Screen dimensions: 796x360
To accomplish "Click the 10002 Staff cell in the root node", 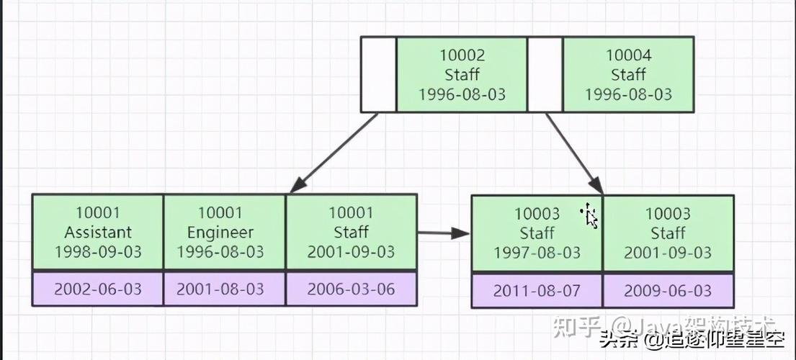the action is tap(462, 75).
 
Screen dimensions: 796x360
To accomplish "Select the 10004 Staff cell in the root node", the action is tap(627, 75).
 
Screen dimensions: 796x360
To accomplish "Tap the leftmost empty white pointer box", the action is tap(378, 75).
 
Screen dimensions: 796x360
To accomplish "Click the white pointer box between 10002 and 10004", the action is tap(545, 75).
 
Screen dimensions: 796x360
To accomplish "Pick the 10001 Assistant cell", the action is tap(98, 233).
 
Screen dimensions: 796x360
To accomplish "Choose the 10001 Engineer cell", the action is tap(225, 233).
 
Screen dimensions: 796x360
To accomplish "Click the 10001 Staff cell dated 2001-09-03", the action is tap(352, 233).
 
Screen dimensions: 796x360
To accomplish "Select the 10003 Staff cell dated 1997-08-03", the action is tap(537, 233).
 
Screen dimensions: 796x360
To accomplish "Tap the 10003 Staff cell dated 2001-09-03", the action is tap(668, 233).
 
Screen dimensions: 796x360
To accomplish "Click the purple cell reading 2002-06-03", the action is tap(98, 289).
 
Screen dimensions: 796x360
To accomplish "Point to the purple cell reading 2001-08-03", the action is tap(225, 289).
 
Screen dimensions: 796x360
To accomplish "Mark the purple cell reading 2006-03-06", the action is tap(352, 289).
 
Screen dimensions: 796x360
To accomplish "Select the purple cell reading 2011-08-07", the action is tap(537, 291).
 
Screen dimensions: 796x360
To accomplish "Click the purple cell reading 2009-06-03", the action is tap(668, 291).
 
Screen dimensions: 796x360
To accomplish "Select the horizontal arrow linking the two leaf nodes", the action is tap(443, 233).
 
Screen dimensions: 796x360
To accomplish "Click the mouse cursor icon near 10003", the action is tap(590, 215).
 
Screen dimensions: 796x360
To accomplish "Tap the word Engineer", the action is tap(220, 233).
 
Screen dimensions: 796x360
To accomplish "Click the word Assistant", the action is tap(98, 233).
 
